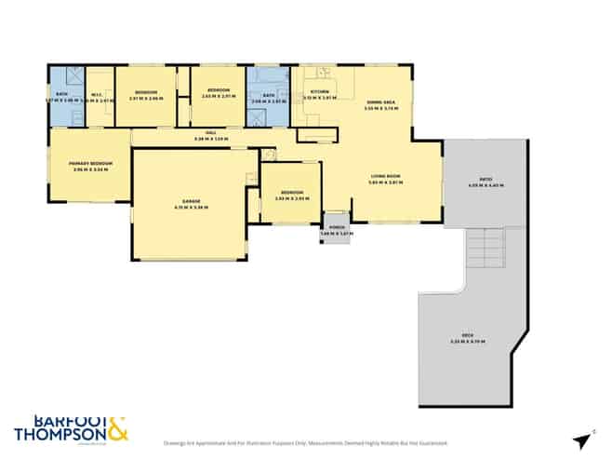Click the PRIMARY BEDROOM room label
(x=90, y=162)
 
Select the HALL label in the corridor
(x=211, y=134)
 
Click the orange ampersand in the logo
(x=118, y=429)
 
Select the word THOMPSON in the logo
(x=61, y=434)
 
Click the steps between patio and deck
(x=486, y=250)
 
